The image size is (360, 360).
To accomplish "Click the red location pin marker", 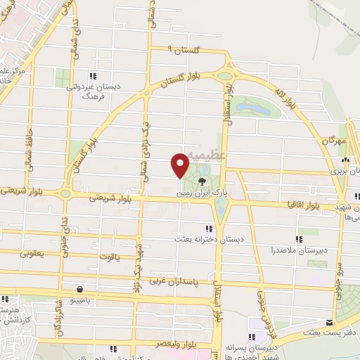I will (x=180, y=164).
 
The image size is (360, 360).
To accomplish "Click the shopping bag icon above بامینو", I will (x=79, y=289).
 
